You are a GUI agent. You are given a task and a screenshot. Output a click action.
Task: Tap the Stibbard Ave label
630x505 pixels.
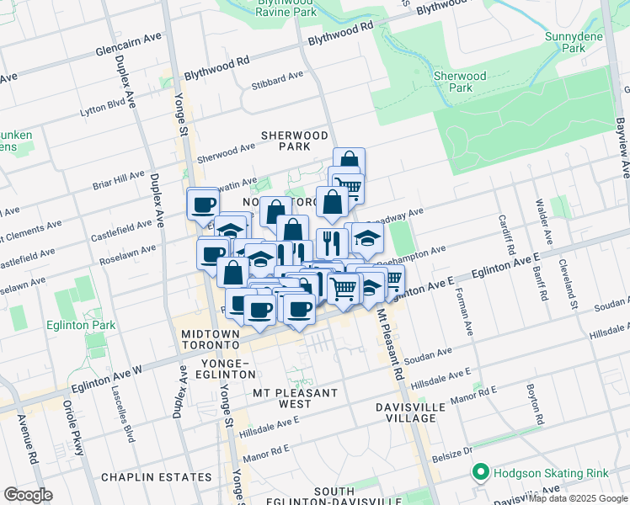point(277,76)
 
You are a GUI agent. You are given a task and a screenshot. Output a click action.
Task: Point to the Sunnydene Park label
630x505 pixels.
point(588,43)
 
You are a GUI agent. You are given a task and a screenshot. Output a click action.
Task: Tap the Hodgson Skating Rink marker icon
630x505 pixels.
point(481,472)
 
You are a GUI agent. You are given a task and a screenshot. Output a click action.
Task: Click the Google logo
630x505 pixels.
point(28,494)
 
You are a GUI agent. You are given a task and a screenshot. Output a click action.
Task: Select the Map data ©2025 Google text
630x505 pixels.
point(578,498)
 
